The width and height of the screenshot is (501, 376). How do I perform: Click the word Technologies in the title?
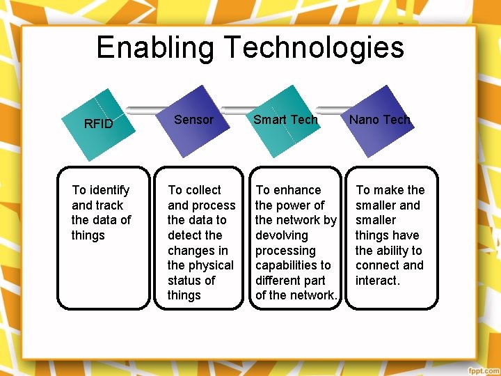(x=314, y=47)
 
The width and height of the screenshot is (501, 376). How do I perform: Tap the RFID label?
(x=98, y=125)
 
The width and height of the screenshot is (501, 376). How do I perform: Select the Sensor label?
(x=193, y=120)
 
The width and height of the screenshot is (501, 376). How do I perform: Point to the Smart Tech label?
(x=285, y=120)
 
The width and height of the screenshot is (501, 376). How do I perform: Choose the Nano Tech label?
(x=379, y=120)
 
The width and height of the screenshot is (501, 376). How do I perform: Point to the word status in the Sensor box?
(x=183, y=281)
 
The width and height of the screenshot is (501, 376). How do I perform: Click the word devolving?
(x=281, y=235)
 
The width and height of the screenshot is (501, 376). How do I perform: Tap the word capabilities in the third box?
(x=286, y=265)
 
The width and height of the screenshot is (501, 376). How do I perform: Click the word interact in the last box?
(x=376, y=281)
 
